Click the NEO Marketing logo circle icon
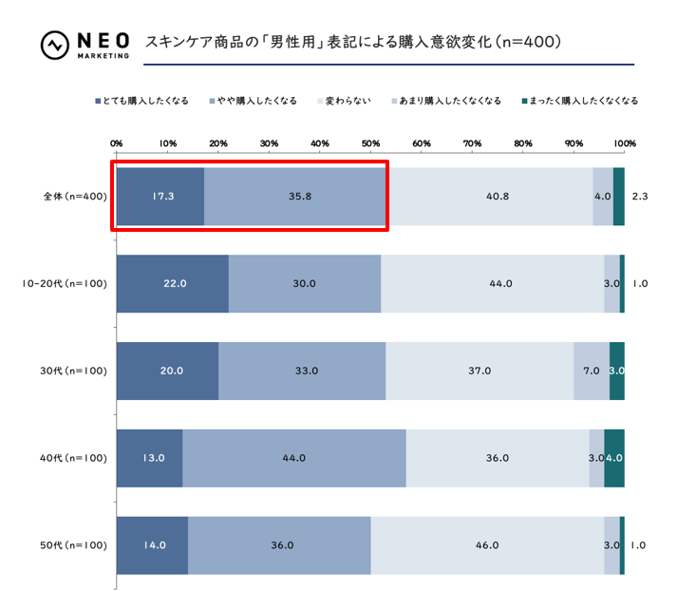pos(54,45)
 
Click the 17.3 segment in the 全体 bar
pos(160,197)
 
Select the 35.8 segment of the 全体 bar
pos(294,197)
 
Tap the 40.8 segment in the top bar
pos(489,197)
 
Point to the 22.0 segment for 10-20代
pos(172,283)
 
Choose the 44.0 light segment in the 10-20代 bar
pos(492,283)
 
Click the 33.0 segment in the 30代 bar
pos(302,371)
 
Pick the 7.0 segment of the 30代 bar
pos(591,371)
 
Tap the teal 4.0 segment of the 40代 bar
pos(613,458)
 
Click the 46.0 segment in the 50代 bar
pos(487,545)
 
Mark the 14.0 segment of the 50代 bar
pos(152,545)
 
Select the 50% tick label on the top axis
pos(370,143)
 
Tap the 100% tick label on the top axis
pos(623,143)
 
